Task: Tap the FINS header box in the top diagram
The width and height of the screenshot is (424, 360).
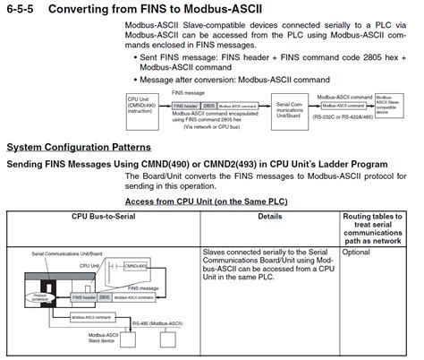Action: [x=184, y=105]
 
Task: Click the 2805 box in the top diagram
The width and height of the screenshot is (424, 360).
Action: [x=208, y=105]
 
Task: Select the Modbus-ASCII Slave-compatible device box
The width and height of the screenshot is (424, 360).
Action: [x=389, y=106]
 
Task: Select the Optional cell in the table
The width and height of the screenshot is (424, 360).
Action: [x=357, y=253]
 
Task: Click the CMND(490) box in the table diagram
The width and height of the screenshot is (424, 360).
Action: [x=135, y=266]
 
